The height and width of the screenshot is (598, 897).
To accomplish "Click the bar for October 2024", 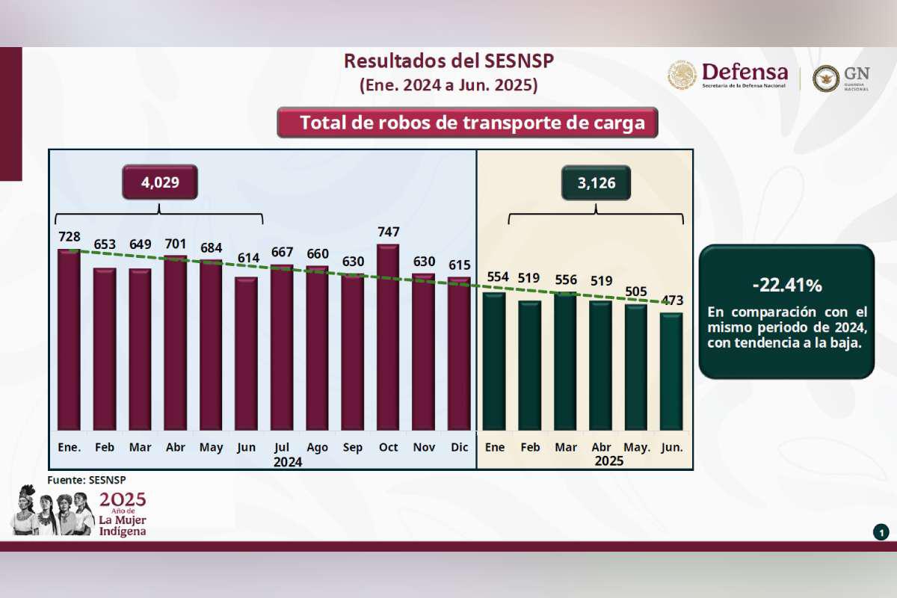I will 388,337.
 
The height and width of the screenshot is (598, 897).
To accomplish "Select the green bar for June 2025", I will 671,372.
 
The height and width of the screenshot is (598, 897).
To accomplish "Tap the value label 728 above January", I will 69,237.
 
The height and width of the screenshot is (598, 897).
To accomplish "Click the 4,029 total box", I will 160,182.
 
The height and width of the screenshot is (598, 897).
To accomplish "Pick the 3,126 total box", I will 596,182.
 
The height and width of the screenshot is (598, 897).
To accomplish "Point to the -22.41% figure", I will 786,285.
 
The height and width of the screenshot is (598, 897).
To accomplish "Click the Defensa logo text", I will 745,73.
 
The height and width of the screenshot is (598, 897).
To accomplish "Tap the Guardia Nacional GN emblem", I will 826,78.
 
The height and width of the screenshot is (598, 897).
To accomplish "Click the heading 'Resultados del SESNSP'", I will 449,61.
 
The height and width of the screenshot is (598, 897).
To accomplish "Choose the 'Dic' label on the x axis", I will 459,447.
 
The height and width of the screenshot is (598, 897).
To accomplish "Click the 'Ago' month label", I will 317,447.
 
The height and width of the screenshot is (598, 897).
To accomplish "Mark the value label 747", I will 388,232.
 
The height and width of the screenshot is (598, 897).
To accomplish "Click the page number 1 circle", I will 881,532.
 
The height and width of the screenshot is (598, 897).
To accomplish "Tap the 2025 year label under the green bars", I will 608,461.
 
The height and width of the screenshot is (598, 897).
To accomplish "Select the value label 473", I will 672,300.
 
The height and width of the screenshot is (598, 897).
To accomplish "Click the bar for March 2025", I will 565,362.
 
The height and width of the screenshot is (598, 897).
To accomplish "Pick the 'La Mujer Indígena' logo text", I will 123,525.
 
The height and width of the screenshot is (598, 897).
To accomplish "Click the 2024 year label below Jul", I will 287,462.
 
